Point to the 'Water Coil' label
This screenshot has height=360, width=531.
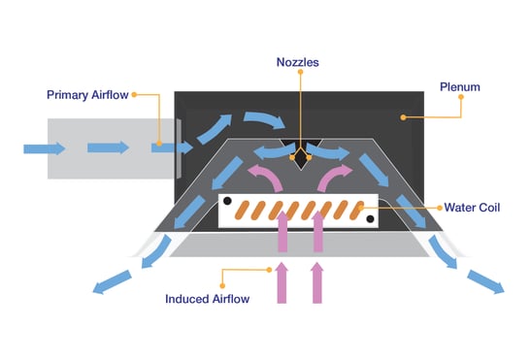pos(472,208)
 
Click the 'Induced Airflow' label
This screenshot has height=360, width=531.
pos(208,299)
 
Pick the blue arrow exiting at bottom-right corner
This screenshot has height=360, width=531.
pos(485,280)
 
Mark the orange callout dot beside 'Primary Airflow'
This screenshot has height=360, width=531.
pos(134,95)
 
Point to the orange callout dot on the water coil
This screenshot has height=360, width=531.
pos(362,207)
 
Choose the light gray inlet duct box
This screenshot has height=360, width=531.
pos(107,148)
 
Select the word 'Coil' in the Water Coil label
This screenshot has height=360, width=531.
pos(488,208)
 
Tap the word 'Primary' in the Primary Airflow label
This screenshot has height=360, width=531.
pos(69,95)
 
